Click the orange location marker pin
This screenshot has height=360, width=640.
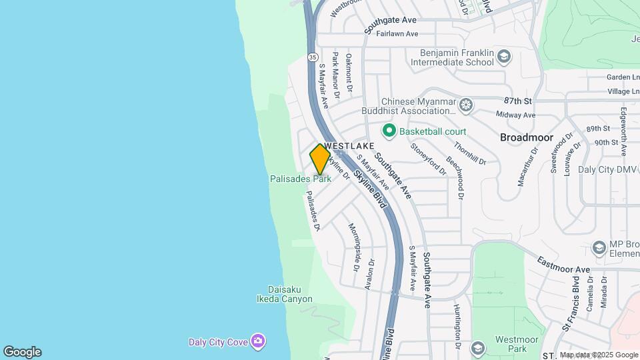320,159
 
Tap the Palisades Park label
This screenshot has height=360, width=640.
301,179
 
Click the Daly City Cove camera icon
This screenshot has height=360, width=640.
258,342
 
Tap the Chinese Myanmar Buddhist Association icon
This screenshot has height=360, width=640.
465,105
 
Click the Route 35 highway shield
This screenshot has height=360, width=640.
313,57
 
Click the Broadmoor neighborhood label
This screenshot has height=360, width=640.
527,137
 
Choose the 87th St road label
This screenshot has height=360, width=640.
518,101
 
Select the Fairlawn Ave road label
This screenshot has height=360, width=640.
397,34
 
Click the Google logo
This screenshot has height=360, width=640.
22,352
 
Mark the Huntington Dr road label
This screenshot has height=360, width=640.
457,326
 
